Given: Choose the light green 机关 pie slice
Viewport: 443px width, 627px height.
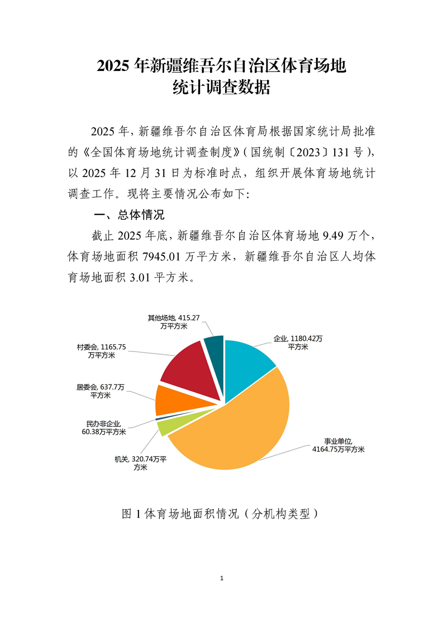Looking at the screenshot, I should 163,427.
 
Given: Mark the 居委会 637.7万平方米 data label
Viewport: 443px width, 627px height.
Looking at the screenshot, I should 101,391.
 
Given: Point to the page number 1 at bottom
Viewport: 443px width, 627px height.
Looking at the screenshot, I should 222,578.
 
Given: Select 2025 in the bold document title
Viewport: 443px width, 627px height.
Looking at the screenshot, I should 115,66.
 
